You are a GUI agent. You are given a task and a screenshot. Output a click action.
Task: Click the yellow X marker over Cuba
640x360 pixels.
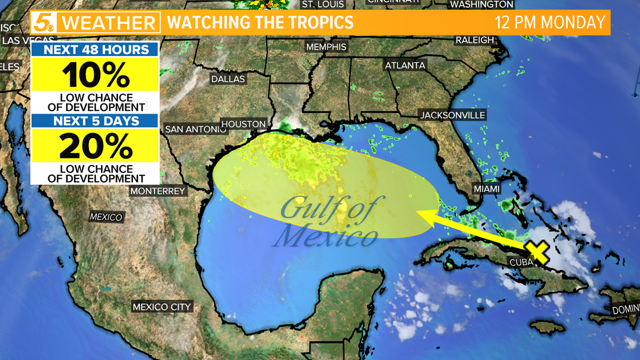coord(538,252)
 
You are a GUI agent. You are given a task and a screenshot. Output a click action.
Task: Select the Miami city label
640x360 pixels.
coord(486,189)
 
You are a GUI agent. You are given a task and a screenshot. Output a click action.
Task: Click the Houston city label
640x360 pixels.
coord(243,124)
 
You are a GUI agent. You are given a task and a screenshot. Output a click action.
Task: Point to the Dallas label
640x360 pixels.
coord(228,79)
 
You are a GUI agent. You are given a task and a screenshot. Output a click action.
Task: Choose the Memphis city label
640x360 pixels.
coord(326,47)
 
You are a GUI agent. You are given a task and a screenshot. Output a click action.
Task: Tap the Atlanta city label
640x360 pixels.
coord(405,66)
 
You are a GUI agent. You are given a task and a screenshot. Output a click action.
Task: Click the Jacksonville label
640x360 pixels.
coord(452,115)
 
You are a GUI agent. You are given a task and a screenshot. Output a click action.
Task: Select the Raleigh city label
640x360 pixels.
coord(475,40)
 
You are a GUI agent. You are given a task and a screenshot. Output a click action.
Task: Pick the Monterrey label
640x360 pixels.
coord(158,191)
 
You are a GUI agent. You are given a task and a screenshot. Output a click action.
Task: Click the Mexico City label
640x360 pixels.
coord(162,307)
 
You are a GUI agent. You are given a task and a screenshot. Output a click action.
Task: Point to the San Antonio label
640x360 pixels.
coord(195,130)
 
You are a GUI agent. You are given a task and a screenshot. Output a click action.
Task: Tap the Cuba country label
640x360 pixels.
coord(521,262)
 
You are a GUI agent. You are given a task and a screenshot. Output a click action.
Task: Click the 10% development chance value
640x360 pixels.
coord(95,74)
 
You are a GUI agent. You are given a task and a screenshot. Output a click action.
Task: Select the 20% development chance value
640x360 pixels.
coord(95,146)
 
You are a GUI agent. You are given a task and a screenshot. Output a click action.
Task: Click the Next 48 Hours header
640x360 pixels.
coord(95,49)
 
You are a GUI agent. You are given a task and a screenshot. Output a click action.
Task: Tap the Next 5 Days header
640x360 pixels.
coord(95,121)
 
